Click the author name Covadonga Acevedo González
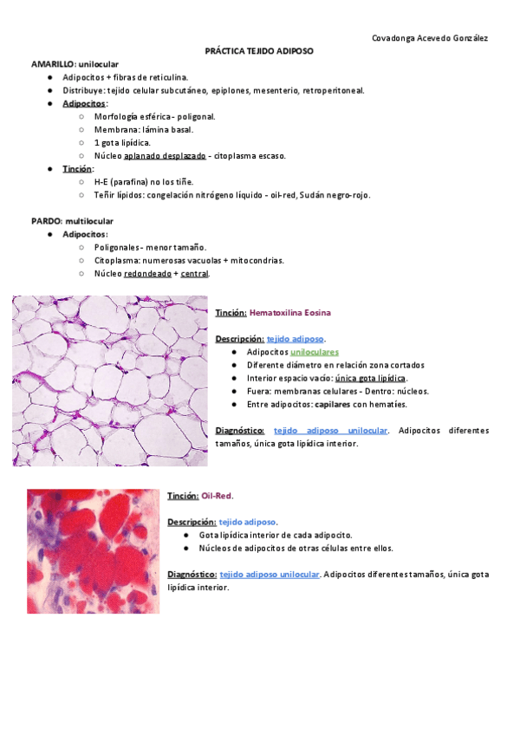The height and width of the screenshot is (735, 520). click(429, 38)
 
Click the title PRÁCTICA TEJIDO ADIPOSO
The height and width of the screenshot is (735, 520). click(259, 52)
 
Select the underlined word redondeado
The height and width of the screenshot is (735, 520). click(147, 274)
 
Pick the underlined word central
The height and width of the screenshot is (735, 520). click(194, 274)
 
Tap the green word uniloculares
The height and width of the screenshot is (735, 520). click(314, 353)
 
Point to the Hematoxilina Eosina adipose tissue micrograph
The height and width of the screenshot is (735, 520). click(110, 381)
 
